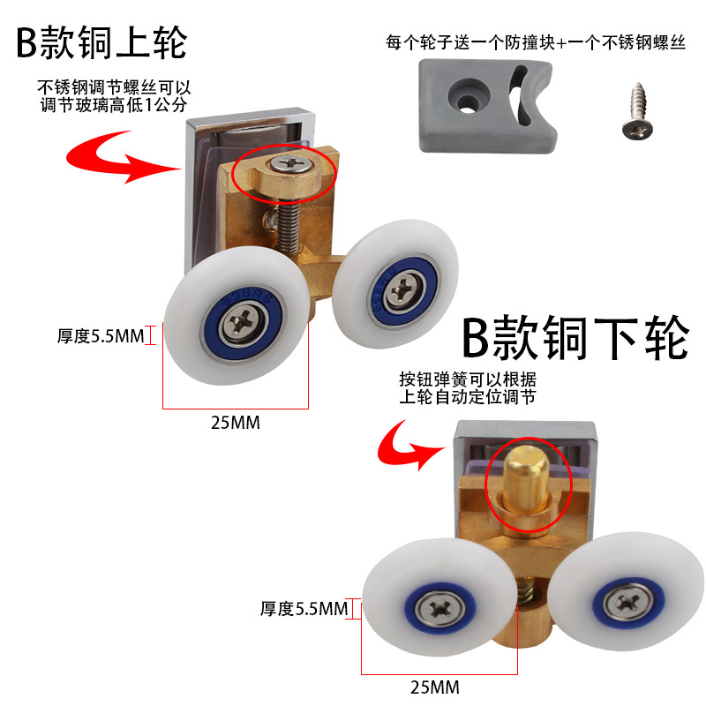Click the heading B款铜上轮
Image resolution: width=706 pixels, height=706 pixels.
101,42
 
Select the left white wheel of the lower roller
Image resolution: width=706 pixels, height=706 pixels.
437,606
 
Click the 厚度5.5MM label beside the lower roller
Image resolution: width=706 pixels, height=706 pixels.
304,608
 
